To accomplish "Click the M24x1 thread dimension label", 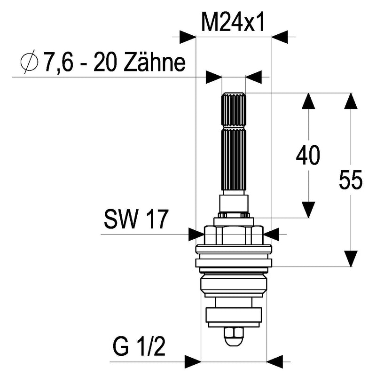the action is click(233, 22).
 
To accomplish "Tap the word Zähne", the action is click(155, 63).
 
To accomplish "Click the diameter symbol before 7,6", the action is click(29, 62).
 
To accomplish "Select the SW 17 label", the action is click(136, 219).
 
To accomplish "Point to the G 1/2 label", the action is click(139, 347).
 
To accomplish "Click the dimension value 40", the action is click(308, 155).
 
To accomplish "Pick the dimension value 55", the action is click(351, 180).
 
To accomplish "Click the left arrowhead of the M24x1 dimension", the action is click(188, 37).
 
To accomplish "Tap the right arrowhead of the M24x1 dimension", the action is click(280, 37).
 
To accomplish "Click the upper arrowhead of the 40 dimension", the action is click(308, 101).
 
